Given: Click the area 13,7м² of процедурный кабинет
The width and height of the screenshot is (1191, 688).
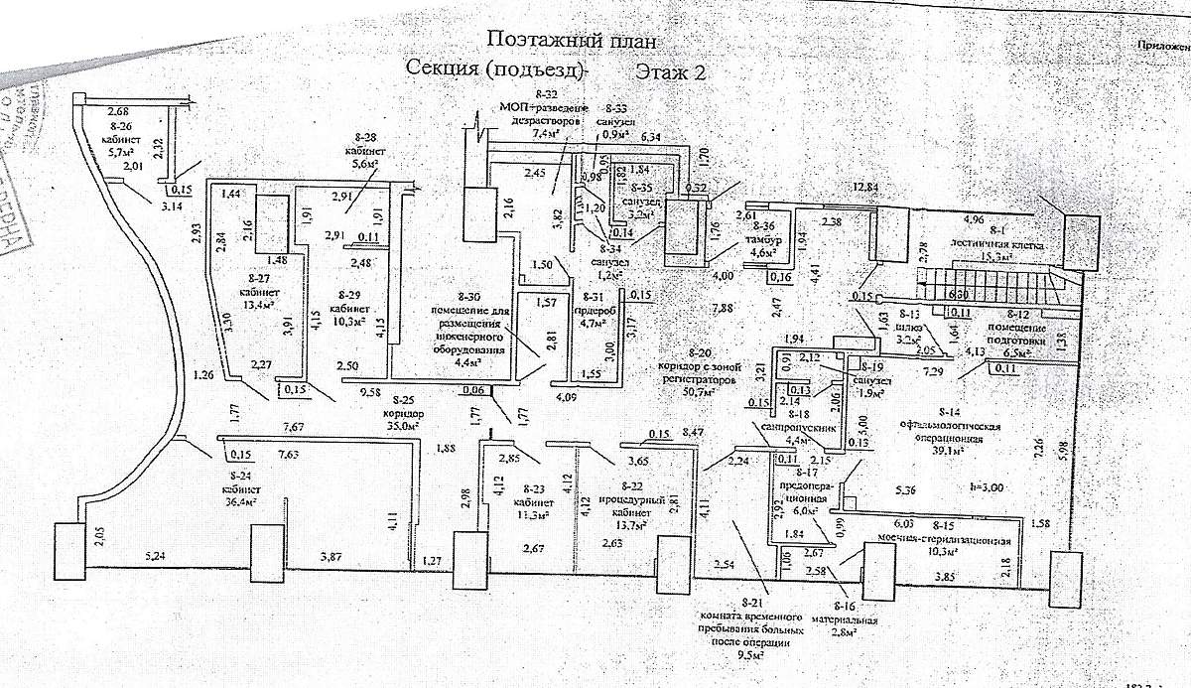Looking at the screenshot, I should coord(632,523).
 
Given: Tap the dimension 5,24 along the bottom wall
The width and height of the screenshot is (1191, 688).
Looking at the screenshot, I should coord(157,555).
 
